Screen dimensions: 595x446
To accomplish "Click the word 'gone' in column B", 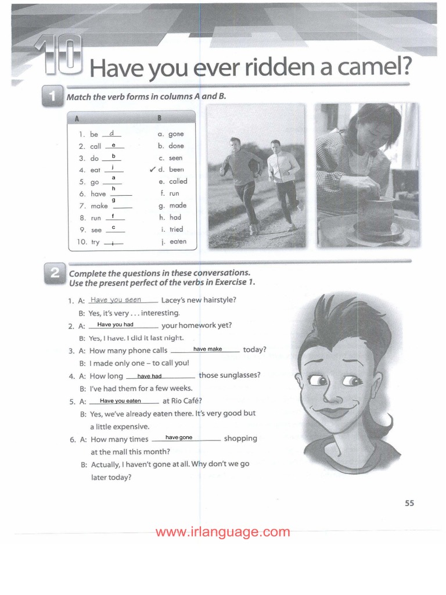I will pyautogui.click(x=176, y=134).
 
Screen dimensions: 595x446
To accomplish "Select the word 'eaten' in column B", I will pyautogui.click(x=178, y=242).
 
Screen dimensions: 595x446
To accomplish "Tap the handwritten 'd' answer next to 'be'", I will pyautogui.click(x=112, y=133).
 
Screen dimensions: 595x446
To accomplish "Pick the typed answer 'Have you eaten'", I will pyautogui.click(x=120, y=401).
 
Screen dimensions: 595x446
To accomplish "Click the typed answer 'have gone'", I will pyautogui.click(x=179, y=437).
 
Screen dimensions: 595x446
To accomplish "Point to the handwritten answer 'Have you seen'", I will pyautogui.click(x=116, y=300).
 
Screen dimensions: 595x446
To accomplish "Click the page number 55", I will pyautogui.click(x=409, y=503).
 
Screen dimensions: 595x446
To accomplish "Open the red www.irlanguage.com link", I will pyautogui.click(x=222, y=532).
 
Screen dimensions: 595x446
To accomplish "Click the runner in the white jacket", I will pyautogui.click(x=283, y=180).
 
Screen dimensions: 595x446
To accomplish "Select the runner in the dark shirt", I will pyautogui.click(x=240, y=177).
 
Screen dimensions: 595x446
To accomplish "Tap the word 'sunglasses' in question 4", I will pyautogui.click(x=229, y=375).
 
